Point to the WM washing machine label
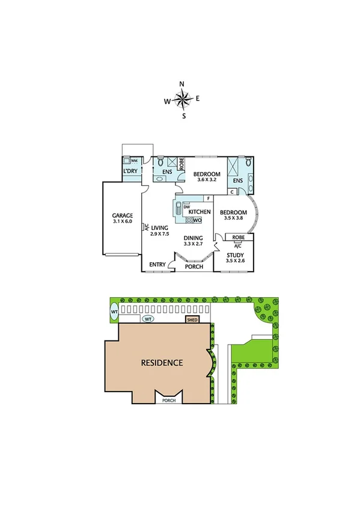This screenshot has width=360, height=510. (x=134, y=161)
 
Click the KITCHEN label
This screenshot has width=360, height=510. (x=200, y=212)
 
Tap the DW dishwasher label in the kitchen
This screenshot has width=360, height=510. (x=187, y=207)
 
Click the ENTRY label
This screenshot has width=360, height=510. (x=157, y=264)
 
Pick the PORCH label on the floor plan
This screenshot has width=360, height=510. (x=194, y=266)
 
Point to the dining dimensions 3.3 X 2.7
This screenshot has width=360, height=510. (x=194, y=244)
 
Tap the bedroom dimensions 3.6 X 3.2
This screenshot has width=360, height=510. (x=207, y=179)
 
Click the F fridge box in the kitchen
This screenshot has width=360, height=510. (x=208, y=198)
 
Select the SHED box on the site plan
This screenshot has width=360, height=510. (x=193, y=320)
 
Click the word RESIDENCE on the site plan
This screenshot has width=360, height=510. (x=162, y=363)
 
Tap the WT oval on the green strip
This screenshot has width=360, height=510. (x=114, y=313)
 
